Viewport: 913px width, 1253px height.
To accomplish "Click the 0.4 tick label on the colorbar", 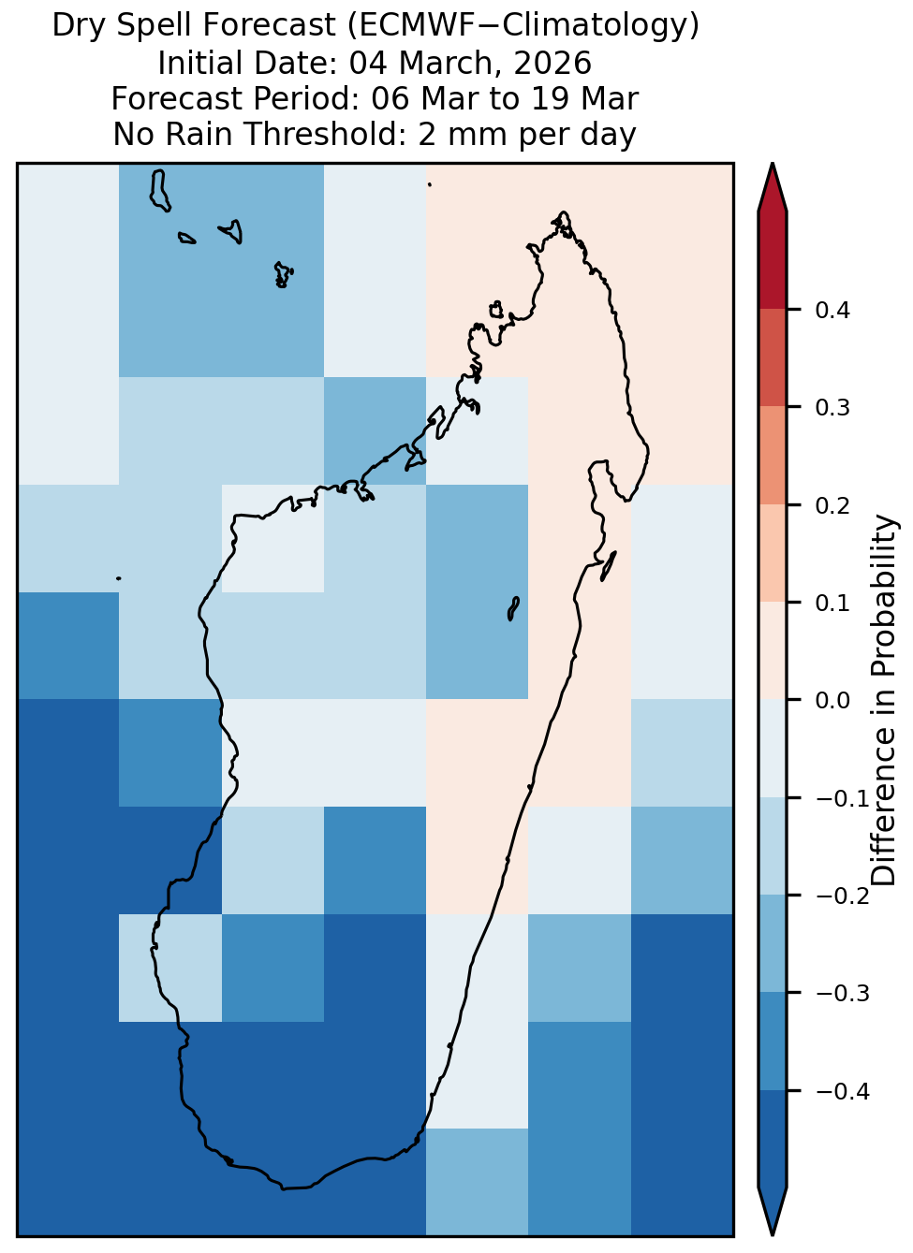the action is tap(832, 310).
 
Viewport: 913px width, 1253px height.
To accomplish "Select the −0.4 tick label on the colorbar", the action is tap(843, 1091).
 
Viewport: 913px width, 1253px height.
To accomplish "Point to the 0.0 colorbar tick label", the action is tap(832, 700).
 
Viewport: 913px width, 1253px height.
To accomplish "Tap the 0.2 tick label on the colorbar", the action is tap(832, 505).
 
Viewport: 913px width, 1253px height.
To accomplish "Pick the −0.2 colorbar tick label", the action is tap(843, 896).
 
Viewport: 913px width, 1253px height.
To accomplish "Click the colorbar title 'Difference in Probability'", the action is tap(884, 700).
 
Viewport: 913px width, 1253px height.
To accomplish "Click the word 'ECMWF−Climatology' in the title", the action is tap(523, 24).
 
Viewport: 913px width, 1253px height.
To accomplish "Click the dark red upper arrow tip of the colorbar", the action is tap(773, 165).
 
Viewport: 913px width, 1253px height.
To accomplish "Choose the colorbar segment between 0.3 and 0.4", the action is tap(773, 358).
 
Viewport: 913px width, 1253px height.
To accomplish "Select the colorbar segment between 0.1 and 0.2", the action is tap(773, 553).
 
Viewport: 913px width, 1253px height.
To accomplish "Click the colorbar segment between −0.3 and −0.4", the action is tap(773, 1042).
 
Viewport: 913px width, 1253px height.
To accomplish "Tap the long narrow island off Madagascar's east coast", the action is tap(609, 566).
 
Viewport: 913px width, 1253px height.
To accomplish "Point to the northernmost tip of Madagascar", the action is tap(563, 212).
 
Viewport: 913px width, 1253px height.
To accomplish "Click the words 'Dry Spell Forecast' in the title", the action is tap(194, 24).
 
